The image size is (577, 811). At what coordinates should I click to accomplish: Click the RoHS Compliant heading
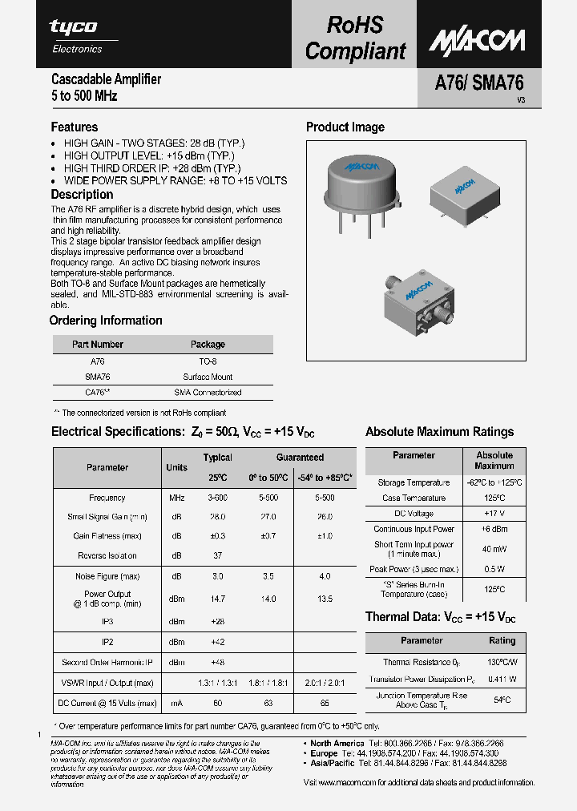355,38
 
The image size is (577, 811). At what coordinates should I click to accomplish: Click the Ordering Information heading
106,321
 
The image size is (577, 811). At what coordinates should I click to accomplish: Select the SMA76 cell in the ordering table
97,377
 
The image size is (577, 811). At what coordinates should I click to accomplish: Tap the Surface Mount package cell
208,377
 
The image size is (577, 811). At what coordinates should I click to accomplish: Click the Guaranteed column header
300,458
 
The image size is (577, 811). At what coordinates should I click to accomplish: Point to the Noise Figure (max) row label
107,576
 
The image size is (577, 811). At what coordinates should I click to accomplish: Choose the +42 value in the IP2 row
217,642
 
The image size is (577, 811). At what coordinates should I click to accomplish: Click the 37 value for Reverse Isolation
217,555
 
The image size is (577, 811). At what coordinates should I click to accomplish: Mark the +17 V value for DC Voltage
494,513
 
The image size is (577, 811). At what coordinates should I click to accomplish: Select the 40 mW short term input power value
494,549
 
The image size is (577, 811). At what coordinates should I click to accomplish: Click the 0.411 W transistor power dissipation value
502,679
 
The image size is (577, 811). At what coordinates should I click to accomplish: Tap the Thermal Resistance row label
422,662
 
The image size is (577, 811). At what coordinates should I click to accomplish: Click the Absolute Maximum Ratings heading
439,432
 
